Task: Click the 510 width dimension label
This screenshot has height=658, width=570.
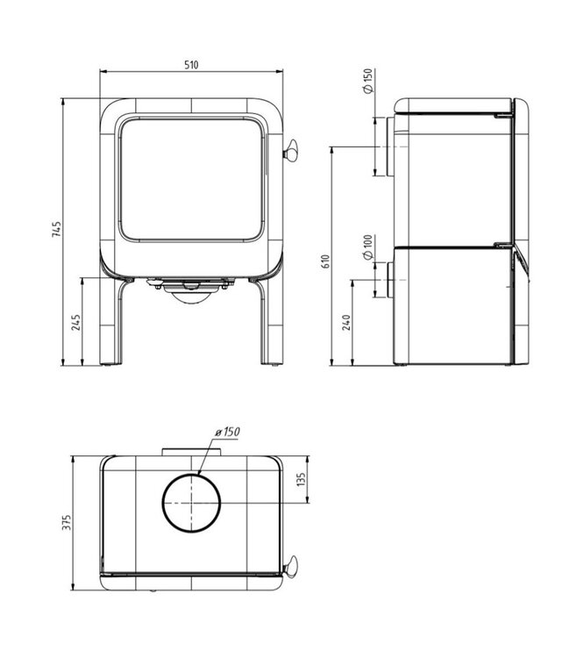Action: coord(192,65)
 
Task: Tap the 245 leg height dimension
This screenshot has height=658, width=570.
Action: coord(76,323)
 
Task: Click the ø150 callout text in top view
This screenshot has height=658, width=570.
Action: coord(226,431)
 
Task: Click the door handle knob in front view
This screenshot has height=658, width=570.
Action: coord(289,154)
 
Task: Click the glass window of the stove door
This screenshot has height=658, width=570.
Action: coord(192,179)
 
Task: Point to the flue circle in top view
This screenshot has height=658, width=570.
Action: coord(192,505)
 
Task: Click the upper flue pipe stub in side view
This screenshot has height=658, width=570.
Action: coord(383,147)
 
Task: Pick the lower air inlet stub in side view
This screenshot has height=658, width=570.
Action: coord(383,279)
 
